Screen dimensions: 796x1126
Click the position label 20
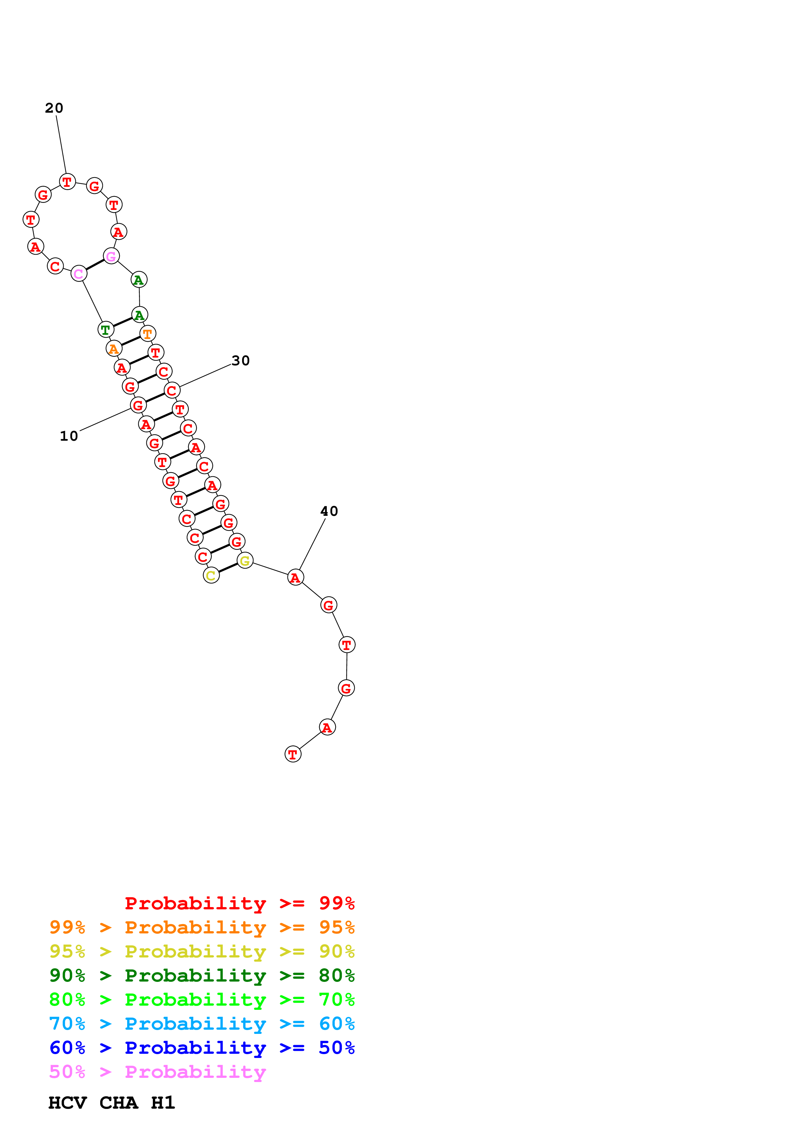point(54,108)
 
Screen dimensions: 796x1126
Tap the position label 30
point(240,361)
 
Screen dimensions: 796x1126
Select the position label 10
point(69,436)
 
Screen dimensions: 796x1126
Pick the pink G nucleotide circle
point(111,256)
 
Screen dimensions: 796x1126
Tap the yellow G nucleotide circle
point(245,560)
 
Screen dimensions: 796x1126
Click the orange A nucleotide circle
point(114,349)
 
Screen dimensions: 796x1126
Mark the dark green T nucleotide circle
point(105,330)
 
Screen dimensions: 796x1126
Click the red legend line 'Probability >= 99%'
point(239,903)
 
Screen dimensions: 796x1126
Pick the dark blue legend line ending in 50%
point(202,1048)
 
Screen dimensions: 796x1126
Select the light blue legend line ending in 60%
point(202,1024)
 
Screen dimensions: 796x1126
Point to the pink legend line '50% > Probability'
point(157,1072)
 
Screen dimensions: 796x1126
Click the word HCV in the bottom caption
point(67,1103)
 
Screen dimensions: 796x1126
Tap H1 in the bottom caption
point(163,1103)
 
